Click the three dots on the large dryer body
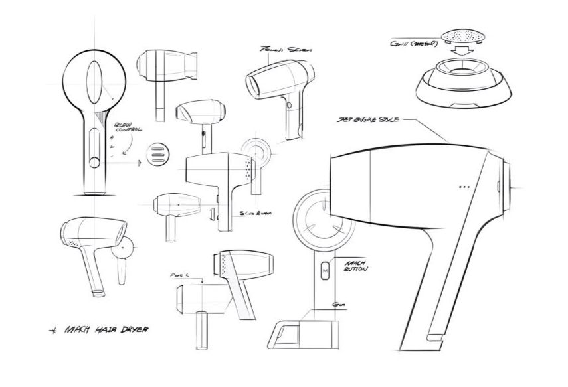point(464,187)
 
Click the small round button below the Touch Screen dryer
point(287,105)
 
